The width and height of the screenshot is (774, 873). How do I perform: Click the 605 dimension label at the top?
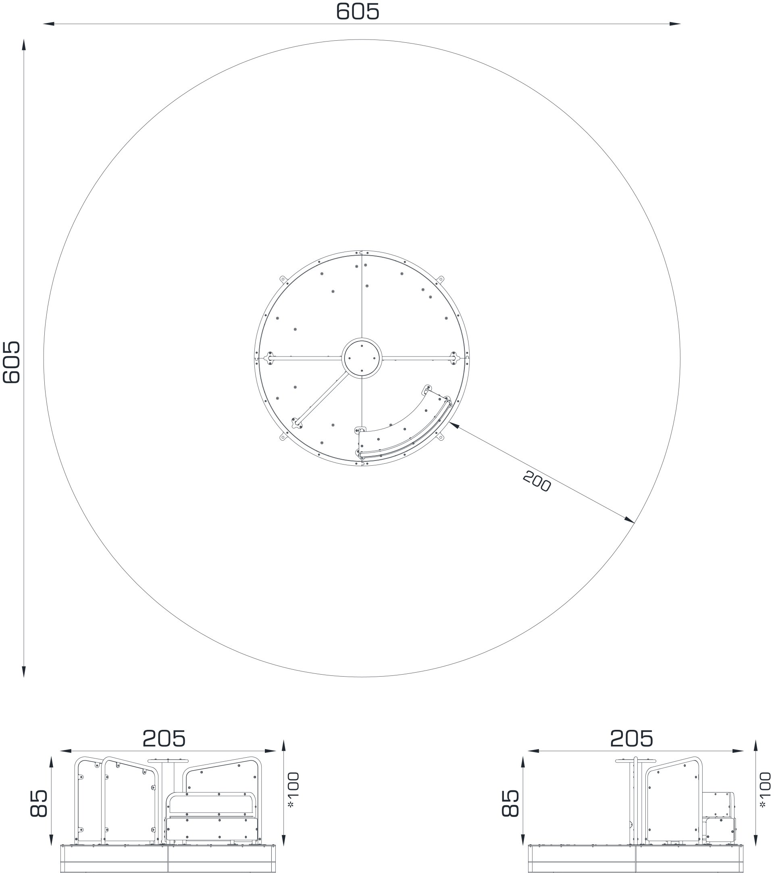click(357, 12)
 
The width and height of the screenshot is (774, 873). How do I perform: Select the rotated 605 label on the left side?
click(12, 362)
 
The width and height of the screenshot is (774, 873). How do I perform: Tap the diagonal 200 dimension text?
click(537, 481)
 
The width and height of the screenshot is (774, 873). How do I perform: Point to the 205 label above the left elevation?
click(164, 738)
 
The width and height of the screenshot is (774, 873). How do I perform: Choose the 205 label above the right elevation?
click(632, 738)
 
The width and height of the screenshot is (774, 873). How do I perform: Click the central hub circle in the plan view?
click(362, 358)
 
